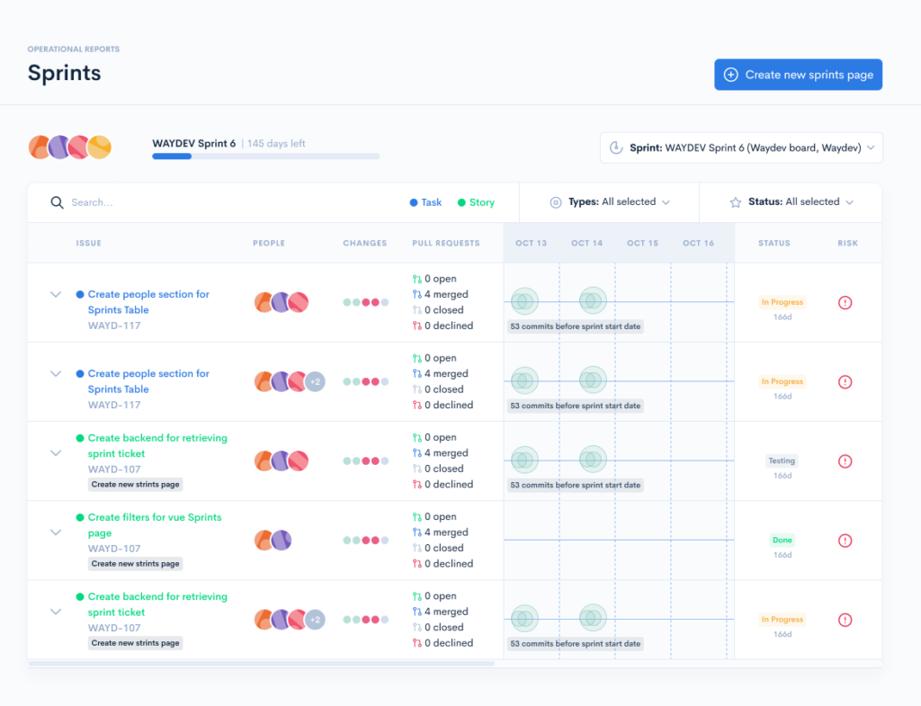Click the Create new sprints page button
coord(798,75)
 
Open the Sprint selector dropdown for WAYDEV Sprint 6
coord(741,147)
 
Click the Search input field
coord(225,202)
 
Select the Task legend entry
coord(426,202)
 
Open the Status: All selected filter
coord(791,202)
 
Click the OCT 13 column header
coord(531,243)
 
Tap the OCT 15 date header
coord(642,243)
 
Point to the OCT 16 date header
coord(698,243)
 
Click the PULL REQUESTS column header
coord(446,243)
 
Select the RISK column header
coord(847,243)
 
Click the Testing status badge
coord(782,460)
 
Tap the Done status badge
coord(782,540)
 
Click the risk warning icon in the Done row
coord(845,541)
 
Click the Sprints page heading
coord(64,73)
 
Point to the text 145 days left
coord(276,143)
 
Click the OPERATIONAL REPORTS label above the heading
coord(73,49)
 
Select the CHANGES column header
coord(364,243)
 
